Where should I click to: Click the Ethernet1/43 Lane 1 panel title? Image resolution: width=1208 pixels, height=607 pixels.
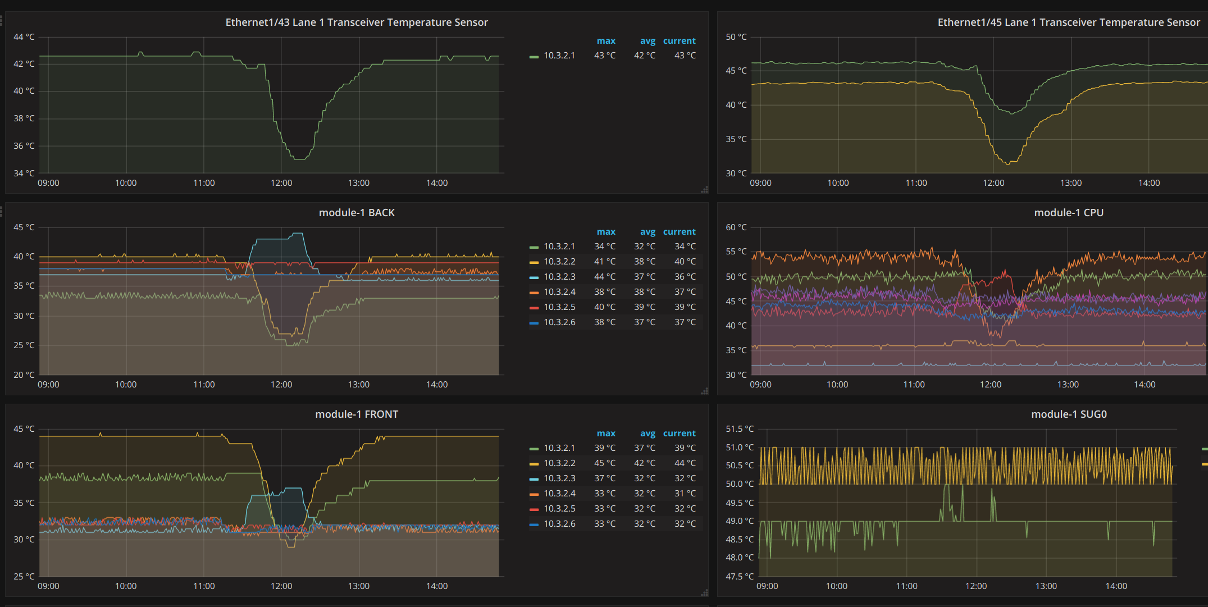(357, 22)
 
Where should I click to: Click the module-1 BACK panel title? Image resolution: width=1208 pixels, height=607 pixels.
(357, 213)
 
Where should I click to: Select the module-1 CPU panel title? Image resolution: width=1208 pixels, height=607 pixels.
(1069, 213)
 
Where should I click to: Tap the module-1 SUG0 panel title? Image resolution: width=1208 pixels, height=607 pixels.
(1069, 414)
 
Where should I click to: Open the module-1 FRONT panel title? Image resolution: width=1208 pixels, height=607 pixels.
(357, 414)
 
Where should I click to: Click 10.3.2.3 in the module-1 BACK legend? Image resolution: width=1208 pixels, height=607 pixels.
(559, 277)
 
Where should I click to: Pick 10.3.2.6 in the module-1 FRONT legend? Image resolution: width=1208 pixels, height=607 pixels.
(559, 524)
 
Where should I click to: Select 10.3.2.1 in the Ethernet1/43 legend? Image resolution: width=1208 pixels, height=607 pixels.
(559, 56)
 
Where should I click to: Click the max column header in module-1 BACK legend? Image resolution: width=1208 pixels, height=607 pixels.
(606, 232)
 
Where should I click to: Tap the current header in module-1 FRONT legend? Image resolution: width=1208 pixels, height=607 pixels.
(679, 433)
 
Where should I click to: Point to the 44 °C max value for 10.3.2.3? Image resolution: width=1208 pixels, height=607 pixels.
(605, 277)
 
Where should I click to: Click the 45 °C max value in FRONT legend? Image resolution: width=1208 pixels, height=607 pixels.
(605, 463)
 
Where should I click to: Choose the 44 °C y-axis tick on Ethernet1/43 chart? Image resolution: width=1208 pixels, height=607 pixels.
(24, 37)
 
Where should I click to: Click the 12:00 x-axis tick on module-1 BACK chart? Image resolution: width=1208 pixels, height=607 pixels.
(281, 385)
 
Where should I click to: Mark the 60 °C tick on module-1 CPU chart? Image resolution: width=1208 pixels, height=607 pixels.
(736, 227)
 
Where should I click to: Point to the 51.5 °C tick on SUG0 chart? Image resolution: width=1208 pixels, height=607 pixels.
(740, 429)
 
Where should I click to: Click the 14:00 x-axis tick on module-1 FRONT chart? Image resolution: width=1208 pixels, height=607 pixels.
(437, 586)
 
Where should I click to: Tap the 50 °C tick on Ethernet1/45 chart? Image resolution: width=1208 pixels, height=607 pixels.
(736, 37)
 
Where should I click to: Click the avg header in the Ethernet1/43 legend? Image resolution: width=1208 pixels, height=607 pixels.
(648, 41)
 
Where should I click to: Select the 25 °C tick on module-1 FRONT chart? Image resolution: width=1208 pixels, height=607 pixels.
(24, 577)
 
